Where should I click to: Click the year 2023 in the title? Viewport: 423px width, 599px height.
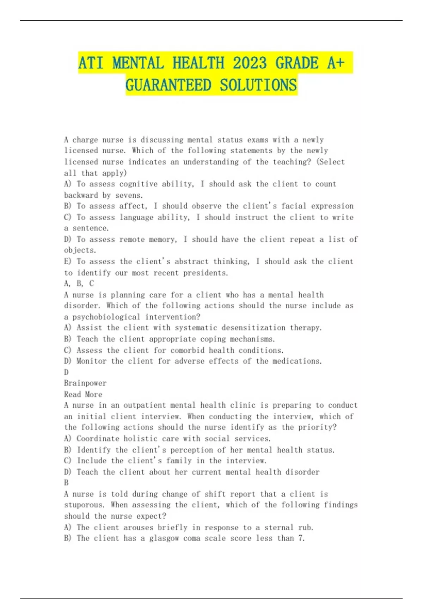tap(250, 63)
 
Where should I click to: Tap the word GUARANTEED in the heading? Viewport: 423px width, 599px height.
tap(168, 85)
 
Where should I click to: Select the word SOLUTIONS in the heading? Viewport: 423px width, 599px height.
tap(258, 85)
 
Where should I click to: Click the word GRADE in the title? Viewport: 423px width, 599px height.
tap(297, 63)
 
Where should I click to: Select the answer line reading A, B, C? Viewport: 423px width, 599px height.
tap(79, 283)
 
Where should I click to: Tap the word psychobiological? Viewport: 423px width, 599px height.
tap(106, 317)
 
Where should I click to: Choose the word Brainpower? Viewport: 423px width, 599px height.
tap(85, 383)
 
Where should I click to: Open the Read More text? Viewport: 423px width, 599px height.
tap(83, 394)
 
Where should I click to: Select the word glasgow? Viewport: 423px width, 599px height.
tap(164, 538)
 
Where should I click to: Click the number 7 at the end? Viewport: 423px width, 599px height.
tap(301, 538)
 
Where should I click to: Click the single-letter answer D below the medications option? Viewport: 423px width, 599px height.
tap(66, 372)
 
